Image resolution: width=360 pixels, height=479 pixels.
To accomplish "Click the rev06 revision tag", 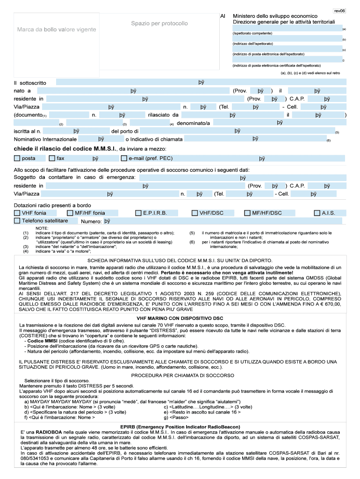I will [x=339, y=10].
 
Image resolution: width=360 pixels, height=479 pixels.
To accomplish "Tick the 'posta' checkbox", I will [x=17, y=158].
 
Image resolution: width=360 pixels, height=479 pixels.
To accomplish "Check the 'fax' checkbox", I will [x=52, y=158].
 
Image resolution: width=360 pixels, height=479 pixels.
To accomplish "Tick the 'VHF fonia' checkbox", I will [x=17, y=213].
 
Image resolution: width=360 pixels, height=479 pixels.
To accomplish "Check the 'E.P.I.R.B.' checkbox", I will [x=138, y=213].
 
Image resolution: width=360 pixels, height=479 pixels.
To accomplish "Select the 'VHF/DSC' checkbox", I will [x=195, y=213].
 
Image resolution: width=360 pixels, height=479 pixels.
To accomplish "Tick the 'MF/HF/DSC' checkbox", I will [x=247, y=213].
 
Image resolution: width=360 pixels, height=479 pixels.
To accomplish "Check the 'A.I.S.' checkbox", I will [x=317, y=213].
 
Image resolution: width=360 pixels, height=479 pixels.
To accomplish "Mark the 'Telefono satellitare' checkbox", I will [x=17, y=220].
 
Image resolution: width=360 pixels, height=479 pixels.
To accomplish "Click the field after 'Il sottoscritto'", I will [x=201, y=82].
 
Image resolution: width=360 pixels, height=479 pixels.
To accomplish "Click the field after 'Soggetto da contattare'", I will [x=243, y=178].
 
